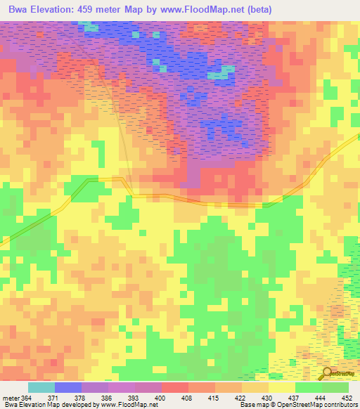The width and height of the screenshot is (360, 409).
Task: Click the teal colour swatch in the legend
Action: click(x=41, y=388)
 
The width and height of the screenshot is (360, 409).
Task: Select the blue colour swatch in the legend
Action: click(x=67, y=388)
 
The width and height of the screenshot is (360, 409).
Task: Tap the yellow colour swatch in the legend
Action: click(x=281, y=388)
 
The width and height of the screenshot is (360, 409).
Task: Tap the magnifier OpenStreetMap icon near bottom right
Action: click(x=326, y=373)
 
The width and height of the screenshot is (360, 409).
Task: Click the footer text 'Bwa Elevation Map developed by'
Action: click(x=49, y=404)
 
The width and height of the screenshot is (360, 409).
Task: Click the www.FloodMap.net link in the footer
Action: click(x=128, y=404)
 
